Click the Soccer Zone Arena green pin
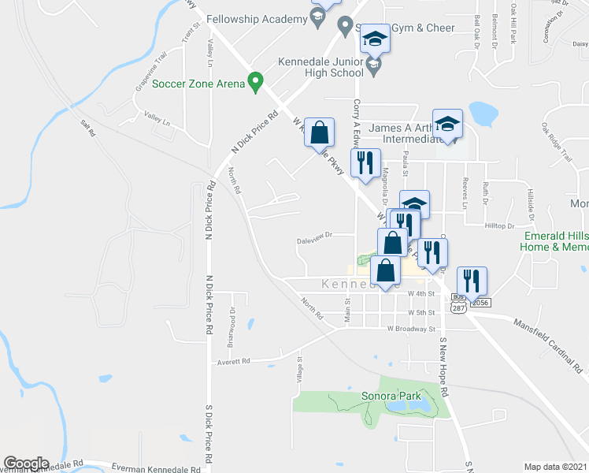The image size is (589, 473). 254,82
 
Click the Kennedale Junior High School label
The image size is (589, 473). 320,67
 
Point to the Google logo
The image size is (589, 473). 26,464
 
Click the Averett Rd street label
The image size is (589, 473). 235,361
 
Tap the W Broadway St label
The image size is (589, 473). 411,328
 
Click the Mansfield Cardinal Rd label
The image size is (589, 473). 547,345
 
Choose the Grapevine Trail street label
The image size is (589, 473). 150,71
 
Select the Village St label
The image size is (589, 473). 300,370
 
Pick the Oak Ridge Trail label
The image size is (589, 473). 555,141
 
